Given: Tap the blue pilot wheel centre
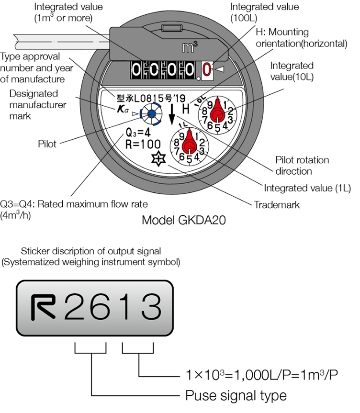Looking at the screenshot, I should [151, 113].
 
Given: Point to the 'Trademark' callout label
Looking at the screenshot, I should [277, 205].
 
